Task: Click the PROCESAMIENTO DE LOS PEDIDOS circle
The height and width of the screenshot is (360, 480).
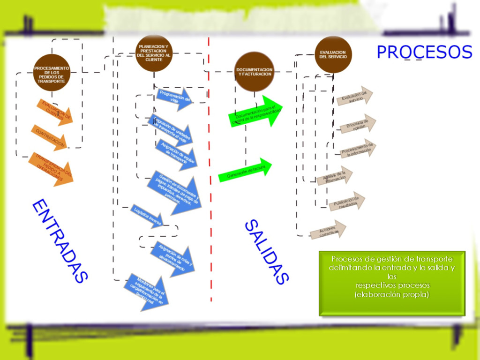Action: (52, 72)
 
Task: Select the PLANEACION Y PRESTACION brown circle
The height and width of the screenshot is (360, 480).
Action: (154, 53)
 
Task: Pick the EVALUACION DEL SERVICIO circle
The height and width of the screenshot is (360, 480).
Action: (333, 54)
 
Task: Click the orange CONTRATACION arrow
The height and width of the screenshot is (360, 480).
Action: (50, 137)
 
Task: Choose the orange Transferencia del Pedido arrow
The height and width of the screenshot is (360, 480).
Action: (52, 168)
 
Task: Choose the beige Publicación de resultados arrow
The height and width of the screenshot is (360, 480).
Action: (347, 202)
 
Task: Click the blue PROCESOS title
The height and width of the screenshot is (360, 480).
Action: (424, 52)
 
